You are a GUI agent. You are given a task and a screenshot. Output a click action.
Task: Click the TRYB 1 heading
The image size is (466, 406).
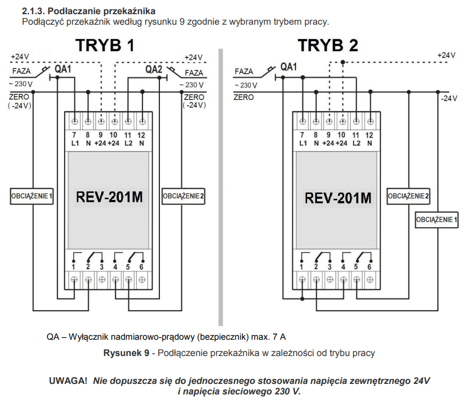click(105, 45)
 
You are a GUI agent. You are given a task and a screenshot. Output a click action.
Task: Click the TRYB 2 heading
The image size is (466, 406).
click(328, 45)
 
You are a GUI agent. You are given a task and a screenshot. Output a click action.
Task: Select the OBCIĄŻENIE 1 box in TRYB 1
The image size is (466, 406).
click(32, 196)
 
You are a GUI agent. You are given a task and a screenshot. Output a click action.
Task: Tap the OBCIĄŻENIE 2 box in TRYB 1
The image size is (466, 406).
click(184, 196)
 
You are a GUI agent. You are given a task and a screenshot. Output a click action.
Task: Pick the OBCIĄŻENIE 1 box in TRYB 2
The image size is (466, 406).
click(437, 220)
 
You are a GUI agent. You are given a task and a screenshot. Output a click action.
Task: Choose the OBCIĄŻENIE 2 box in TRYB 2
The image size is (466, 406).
click(408, 196)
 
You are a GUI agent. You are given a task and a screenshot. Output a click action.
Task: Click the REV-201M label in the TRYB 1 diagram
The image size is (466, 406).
click(109, 197)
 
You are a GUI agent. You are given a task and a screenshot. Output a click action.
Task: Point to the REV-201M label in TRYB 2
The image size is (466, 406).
click(338, 198)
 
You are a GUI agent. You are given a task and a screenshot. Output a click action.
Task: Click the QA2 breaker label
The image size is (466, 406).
click(154, 69)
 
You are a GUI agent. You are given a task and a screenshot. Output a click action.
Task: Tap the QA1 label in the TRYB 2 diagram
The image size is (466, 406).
click(289, 67)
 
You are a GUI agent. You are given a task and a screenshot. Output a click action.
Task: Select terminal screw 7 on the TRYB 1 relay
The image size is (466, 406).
click(75, 121)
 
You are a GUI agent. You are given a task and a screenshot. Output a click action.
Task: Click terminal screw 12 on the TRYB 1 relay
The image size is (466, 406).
click(143, 121)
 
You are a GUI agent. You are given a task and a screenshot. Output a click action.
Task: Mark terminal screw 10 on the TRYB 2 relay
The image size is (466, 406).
click(343, 121)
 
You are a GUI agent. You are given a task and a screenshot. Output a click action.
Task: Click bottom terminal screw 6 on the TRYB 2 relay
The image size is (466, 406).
click(370, 280)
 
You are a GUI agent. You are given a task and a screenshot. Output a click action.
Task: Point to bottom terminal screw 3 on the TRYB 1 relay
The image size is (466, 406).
click(102, 280)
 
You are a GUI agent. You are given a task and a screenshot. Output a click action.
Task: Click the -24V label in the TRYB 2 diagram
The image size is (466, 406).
click(449, 98)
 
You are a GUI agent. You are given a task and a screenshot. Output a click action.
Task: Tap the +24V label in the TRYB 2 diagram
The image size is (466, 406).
click(446, 55)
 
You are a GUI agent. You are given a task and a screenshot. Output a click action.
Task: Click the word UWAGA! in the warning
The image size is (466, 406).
click(68, 381)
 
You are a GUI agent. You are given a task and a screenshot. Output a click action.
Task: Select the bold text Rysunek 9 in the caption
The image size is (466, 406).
click(126, 353)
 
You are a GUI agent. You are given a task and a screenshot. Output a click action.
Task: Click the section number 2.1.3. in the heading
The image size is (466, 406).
click(34, 11)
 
